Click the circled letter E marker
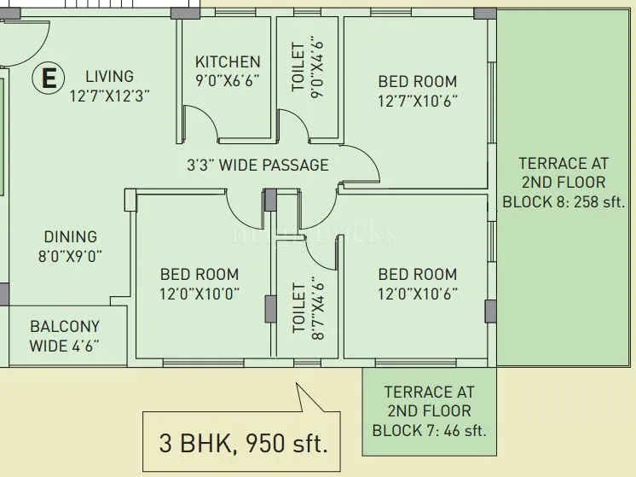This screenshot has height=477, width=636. pos(49,79)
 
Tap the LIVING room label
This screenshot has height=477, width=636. pos(109,77)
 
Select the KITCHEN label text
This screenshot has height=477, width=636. pos(228,61)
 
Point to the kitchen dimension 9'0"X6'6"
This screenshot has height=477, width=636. pos(228,81)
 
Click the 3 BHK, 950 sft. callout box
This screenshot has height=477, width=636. pos(243,443)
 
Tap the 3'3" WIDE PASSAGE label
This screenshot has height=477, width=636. pos(257,165)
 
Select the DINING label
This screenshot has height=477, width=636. pos(70,236)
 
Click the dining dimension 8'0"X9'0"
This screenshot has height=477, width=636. pos(70,256)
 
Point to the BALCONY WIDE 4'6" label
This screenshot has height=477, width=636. pos(65,335)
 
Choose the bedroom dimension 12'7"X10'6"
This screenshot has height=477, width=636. pos(418,102)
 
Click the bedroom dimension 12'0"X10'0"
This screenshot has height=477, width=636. pos(199,294)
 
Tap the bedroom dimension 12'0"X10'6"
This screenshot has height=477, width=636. pos(418,294)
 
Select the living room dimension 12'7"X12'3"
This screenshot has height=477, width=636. pos(109,96)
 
